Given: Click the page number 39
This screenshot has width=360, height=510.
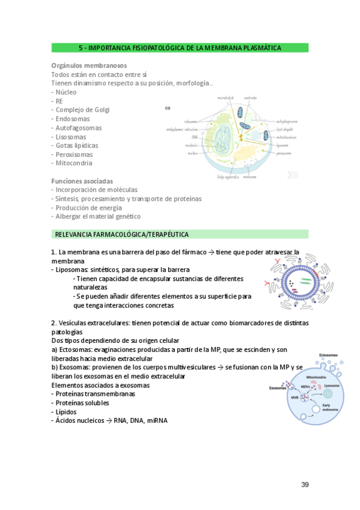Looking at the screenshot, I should coord(305,485).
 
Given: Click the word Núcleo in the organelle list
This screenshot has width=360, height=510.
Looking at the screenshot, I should coord(66,92).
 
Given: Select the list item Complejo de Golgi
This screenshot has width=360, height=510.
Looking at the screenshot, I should coord(82,110).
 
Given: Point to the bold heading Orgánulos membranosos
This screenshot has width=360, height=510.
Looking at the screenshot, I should coord(89,65).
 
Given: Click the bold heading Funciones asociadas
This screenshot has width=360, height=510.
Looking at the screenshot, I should coord(82,180).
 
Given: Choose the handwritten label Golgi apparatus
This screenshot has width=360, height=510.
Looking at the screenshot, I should coord(228,177).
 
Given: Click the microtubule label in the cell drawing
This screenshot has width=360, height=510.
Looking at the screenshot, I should coord(225,97).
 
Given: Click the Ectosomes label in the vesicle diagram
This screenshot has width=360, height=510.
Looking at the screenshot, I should coord(328,355).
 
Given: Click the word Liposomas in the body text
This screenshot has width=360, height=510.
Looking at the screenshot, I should coord(72,270).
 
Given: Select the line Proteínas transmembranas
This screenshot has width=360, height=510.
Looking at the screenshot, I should coord(93,394).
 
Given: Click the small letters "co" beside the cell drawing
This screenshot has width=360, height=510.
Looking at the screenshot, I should coord(168,109).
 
